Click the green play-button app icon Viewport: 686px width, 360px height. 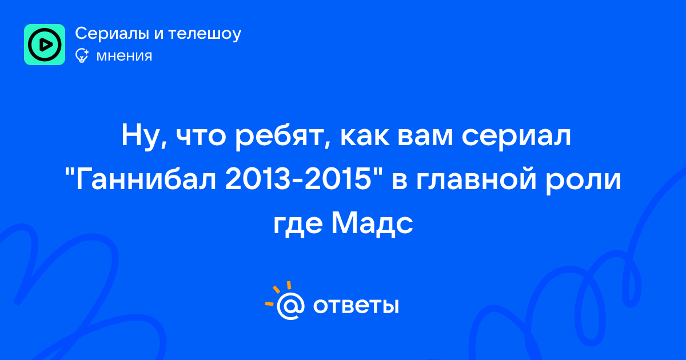(45, 45)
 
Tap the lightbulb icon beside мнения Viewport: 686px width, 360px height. (82, 55)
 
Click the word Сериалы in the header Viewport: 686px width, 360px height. (112, 34)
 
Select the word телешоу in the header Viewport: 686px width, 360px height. (205, 34)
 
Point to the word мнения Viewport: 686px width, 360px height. (124, 56)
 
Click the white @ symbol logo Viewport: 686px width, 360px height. (290, 306)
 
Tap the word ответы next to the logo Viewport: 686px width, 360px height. (356, 306)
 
